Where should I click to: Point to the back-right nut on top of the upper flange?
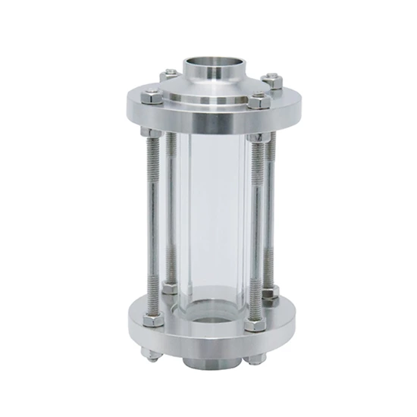[x=271, y=80]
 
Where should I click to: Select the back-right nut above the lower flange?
[x=271, y=291]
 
